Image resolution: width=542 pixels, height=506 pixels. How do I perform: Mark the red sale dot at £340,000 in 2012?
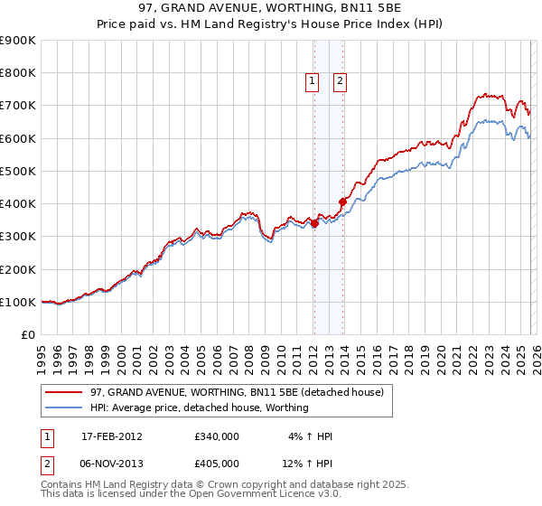click(314, 224)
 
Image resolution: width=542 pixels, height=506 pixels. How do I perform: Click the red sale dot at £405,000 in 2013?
click(342, 201)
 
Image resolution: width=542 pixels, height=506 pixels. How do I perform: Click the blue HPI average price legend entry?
click(200, 408)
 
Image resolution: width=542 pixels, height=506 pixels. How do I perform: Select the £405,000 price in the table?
click(217, 463)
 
